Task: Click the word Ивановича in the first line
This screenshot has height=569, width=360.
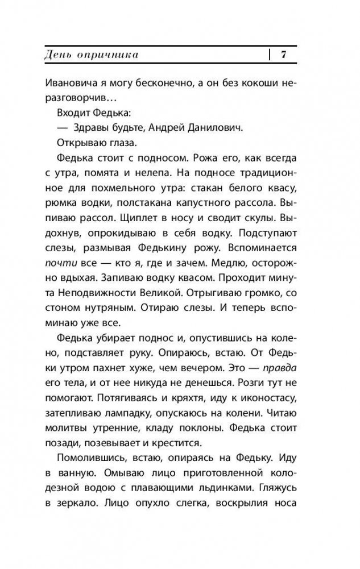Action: point(69,81)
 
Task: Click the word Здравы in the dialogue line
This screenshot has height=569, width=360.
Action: point(88,128)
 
